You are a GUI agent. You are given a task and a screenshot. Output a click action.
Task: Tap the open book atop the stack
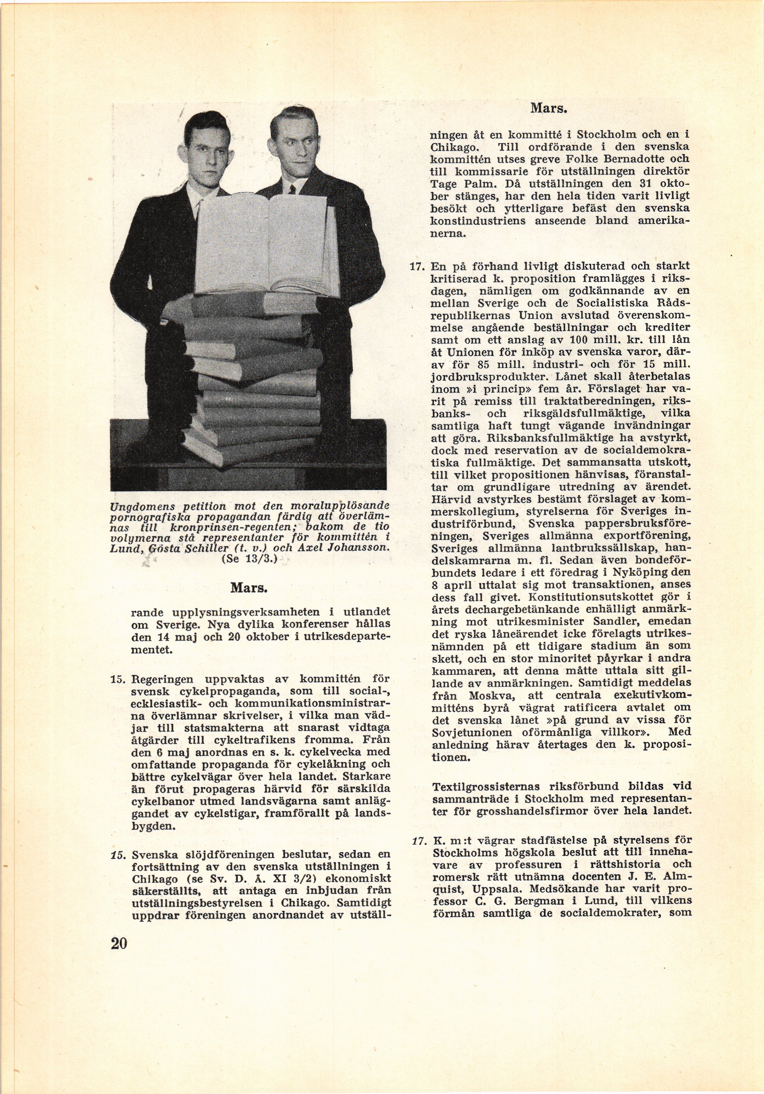(x=267, y=248)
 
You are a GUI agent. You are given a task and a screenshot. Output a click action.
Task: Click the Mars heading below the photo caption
(x=249, y=588)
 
